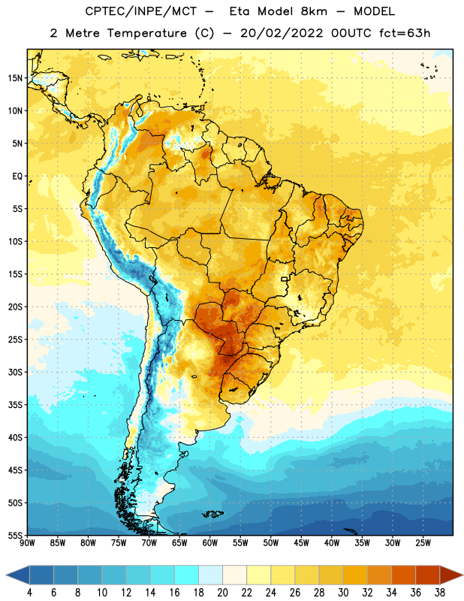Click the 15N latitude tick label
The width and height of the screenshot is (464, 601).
click(x=15, y=78)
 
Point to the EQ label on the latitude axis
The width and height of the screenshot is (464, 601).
click(x=17, y=177)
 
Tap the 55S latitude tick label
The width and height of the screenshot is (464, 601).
click(x=15, y=535)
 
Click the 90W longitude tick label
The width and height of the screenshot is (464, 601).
click(x=27, y=542)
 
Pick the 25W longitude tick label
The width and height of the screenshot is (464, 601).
click(x=423, y=542)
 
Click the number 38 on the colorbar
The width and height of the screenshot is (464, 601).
click(x=439, y=593)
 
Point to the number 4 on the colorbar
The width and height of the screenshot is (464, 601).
click(x=29, y=593)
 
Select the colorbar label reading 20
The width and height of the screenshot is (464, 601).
click(x=222, y=593)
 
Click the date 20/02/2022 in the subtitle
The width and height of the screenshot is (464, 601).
click(x=282, y=33)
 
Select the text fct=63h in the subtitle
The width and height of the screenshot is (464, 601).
click(x=405, y=33)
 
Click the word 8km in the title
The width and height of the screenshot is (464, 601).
click(x=314, y=11)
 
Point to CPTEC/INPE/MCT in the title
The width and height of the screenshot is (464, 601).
click(x=140, y=11)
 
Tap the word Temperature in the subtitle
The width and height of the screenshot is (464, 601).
click(x=146, y=33)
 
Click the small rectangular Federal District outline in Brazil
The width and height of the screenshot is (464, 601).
click(x=285, y=279)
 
